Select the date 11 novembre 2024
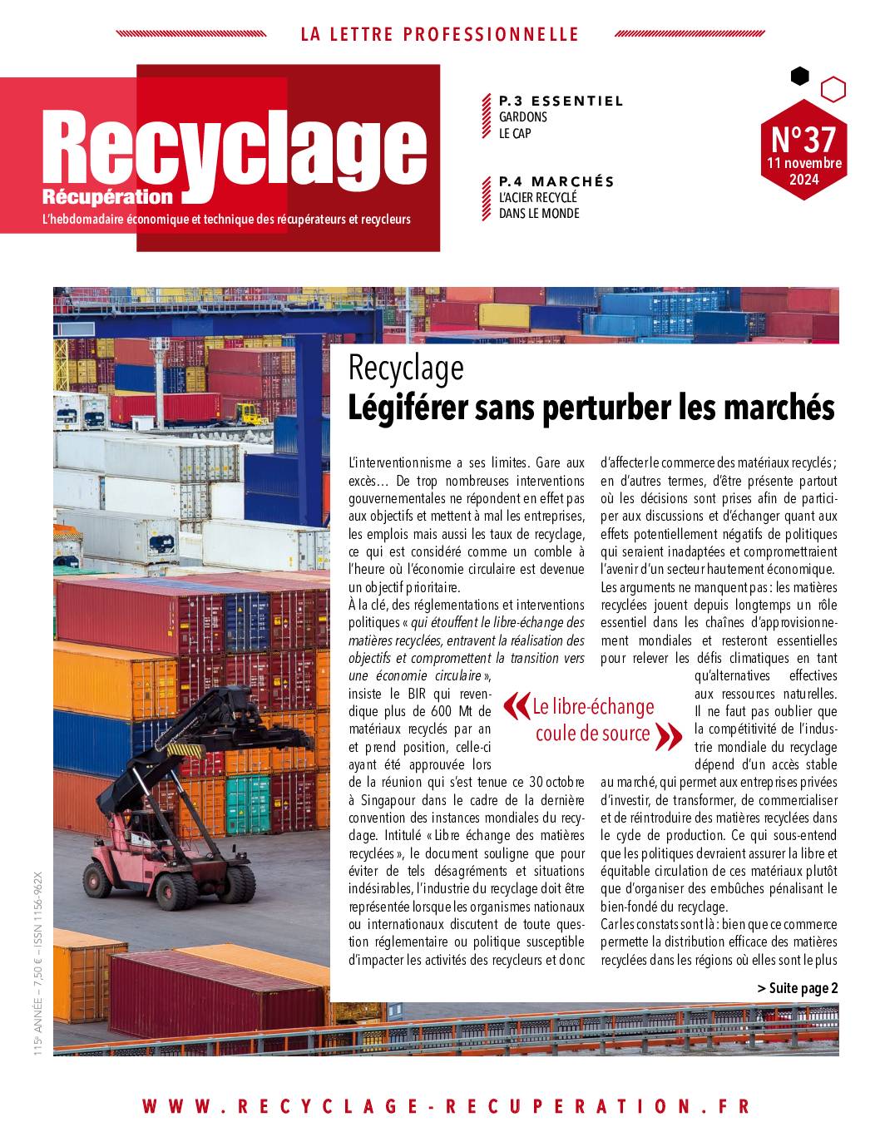click(x=803, y=171)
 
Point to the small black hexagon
click(x=799, y=77)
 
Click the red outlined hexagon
click(x=833, y=89)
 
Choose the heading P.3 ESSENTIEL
click(x=561, y=101)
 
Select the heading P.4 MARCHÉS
click(x=556, y=181)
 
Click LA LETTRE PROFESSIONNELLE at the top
click(x=439, y=34)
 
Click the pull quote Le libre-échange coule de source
click(x=592, y=720)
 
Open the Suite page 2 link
click(x=798, y=988)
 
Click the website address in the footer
click(x=446, y=1106)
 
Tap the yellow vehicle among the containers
click(x=248, y=412)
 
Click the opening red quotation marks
click(x=516, y=706)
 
